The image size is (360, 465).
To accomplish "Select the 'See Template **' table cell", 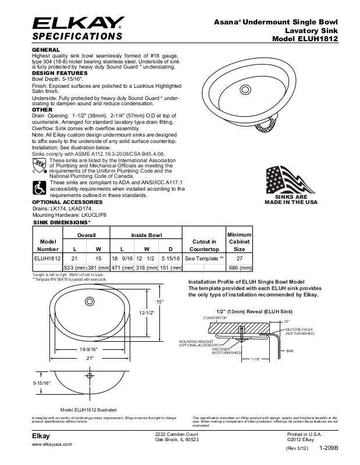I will (204, 257).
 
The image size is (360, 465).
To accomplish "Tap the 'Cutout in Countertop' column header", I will (204, 245).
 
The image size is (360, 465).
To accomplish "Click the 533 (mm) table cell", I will (74, 268).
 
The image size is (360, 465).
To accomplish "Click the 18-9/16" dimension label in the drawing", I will (89, 349).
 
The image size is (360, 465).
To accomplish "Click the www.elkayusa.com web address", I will (52, 444).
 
